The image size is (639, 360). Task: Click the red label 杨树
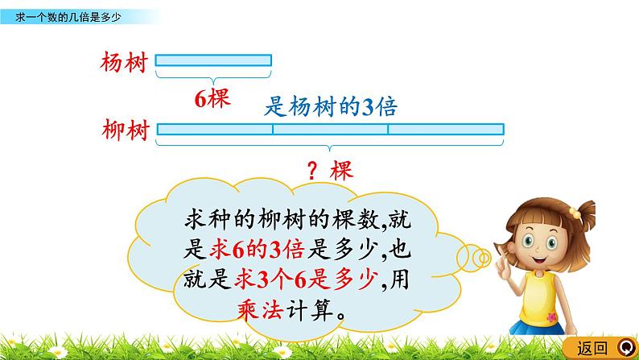[x=124, y=62]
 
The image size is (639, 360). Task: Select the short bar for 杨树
[x=213, y=60]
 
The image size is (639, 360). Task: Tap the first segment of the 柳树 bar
[x=215, y=129]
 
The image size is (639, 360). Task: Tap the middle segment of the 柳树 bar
[x=330, y=129]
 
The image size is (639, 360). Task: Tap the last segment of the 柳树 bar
[x=446, y=129]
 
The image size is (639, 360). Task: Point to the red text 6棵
[x=213, y=98]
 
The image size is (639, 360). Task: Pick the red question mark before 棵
[x=315, y=170]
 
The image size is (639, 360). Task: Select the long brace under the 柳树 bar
[x=330, y=146]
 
